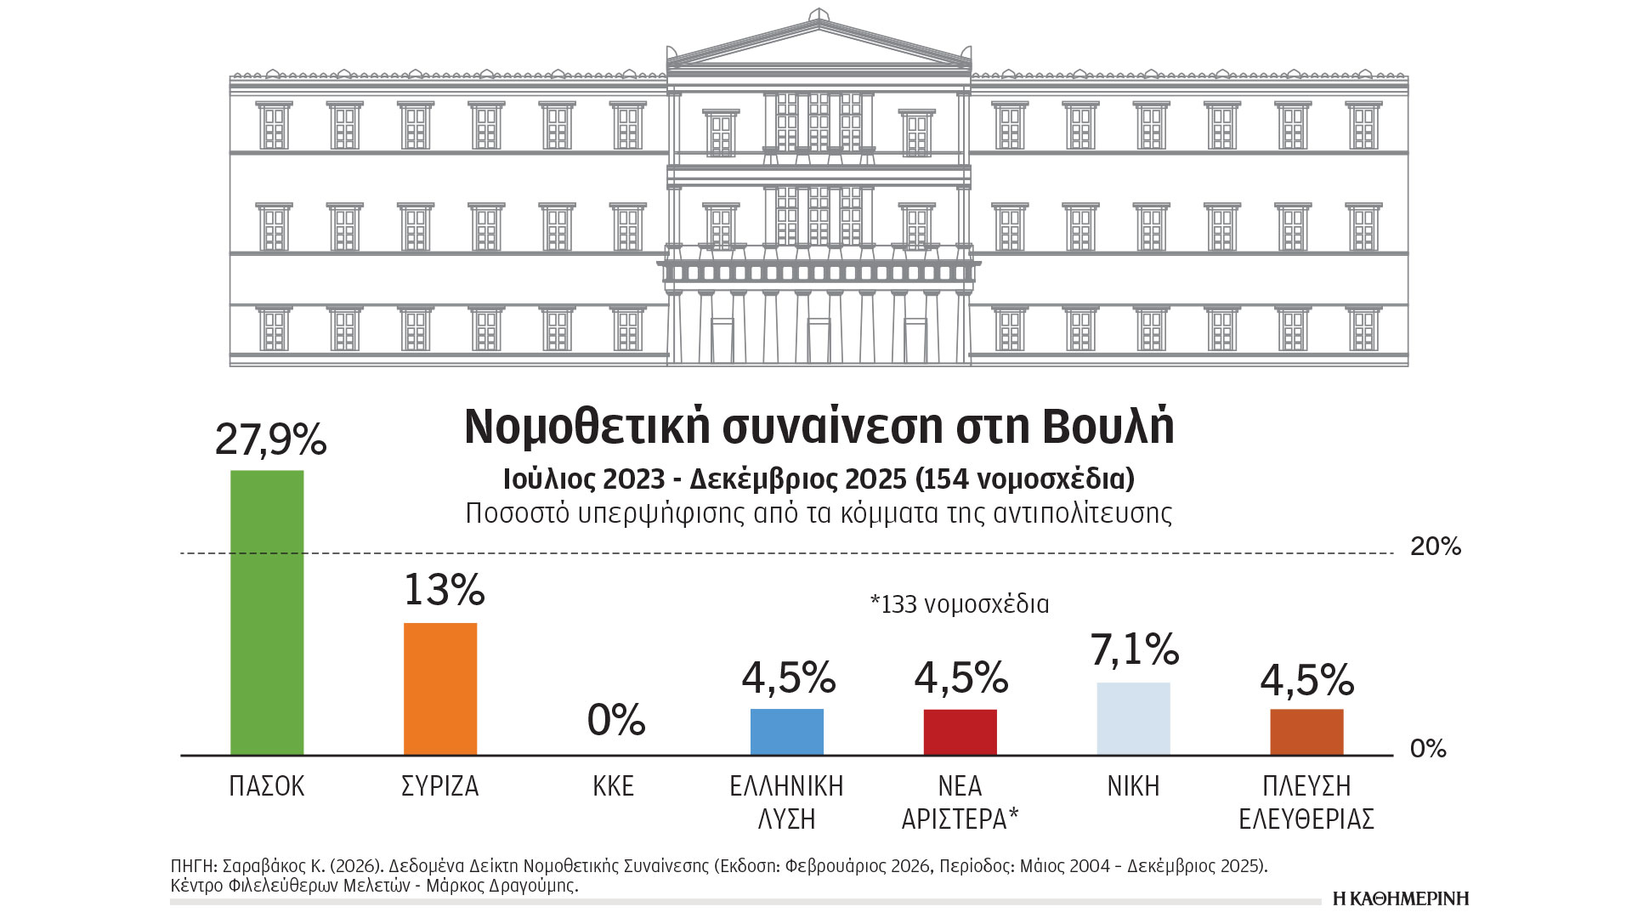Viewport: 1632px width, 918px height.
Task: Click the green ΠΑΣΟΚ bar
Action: [x=267, y=612]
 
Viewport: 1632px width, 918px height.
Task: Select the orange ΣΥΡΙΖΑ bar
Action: [x=440, y=688]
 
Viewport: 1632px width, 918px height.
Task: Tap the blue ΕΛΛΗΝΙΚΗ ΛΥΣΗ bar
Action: [x=787, y=731]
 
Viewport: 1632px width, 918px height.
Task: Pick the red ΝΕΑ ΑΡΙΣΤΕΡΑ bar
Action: [x=960, y=731]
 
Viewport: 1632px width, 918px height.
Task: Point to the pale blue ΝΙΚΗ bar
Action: [x=1133, y=718]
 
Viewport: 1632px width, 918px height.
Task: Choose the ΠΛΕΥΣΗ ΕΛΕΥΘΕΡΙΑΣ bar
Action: [x=1306, y=731]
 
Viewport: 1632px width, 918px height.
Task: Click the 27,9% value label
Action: [x=270, y=439]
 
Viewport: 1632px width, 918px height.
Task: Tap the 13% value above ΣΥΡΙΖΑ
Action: [x=444, y=589]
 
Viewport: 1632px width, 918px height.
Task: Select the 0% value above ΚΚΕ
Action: [x=616, y=720]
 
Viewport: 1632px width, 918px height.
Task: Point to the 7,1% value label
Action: [x=1135, y=649]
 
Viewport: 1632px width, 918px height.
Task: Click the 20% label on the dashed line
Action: [x=1436, y=547]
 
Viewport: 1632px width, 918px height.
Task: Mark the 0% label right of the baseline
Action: [x=1428, y=749]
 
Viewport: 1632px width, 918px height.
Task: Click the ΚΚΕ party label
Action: [x=614, y=786]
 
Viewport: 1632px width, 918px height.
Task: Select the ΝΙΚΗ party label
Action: [x=1133, y=786]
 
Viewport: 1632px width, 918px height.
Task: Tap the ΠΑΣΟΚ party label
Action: [x=267, y=786]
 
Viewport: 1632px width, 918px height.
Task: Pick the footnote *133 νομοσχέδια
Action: [x=960, y=604]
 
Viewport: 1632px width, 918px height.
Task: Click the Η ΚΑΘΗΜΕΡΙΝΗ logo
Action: [x=1401, y=898]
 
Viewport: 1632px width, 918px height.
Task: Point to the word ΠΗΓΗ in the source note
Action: [x=193, y=866]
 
